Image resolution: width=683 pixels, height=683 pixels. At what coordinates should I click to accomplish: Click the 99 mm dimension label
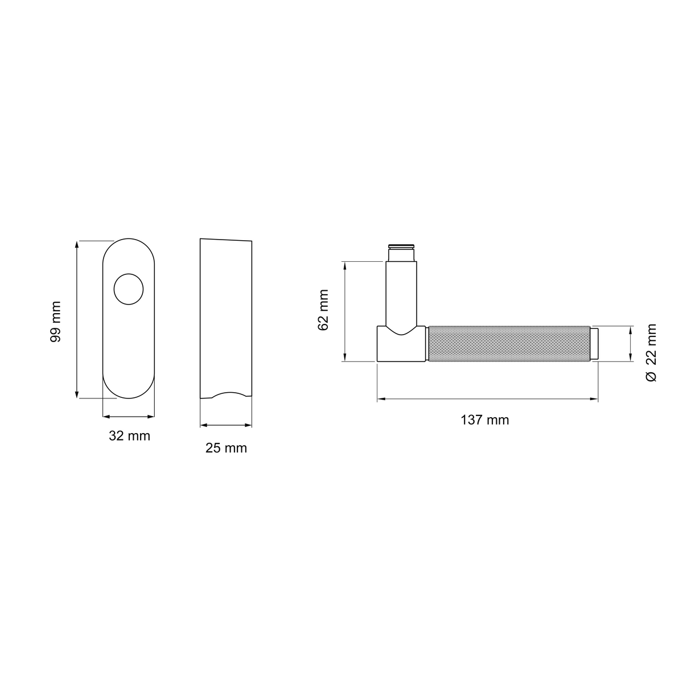[x=56, y=322]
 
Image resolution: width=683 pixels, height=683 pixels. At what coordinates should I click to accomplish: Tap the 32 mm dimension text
[x=129, y=435]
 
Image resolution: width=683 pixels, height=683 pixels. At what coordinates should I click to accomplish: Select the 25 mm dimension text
[x=226, y=448]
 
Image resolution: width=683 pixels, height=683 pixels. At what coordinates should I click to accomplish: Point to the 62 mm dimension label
[x=323, y=310]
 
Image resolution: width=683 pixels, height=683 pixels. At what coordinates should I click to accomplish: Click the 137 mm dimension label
[x=484, y=420]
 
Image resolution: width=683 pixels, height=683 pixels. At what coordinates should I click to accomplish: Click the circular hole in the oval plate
[x=129, y=289]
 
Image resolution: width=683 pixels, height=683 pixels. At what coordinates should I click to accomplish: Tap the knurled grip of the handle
[x=509, y=343]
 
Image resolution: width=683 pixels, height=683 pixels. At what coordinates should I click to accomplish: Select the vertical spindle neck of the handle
[x=401, y=294]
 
